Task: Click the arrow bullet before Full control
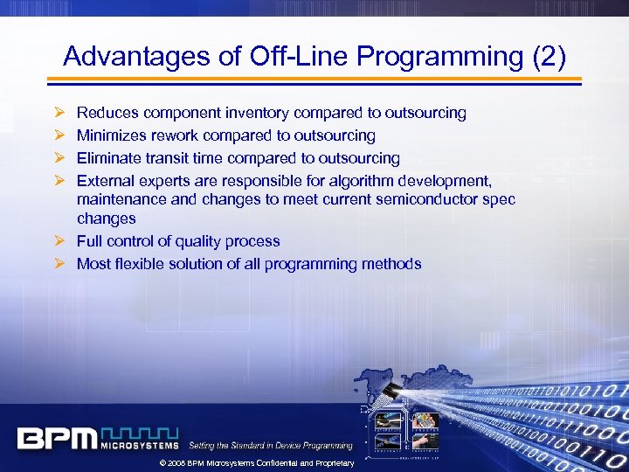pyautogui.click(x=59, y=241)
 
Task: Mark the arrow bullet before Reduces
pyautogui.click(x=59, y=113)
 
